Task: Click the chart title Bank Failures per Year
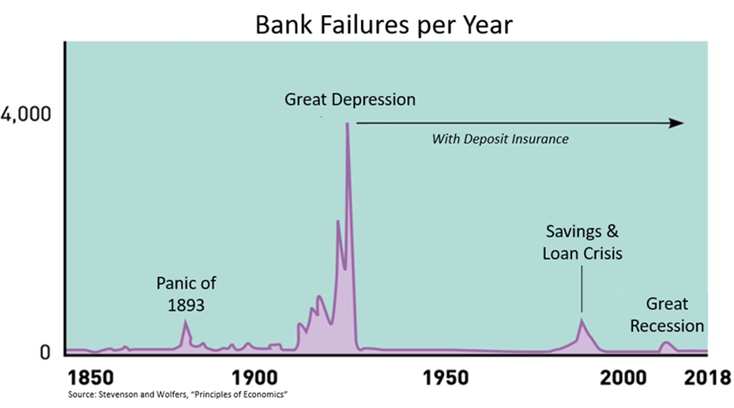[384, 25]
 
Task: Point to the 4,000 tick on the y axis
[26, 115]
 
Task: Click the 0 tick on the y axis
[45, 353]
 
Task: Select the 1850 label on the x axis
[91, 378]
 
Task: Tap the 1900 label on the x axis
[254, 378]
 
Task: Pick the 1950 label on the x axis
[446, 378]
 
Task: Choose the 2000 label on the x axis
[623, 378]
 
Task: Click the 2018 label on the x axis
[707, 378]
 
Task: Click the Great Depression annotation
[350, 100]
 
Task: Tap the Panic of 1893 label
[186, 294]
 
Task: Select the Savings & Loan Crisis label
[582, 243]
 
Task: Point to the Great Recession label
[667, 315]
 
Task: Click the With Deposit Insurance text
[500, 139]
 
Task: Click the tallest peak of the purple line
[347, 123]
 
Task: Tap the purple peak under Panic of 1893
[186, 320]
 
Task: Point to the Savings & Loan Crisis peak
[582, 319]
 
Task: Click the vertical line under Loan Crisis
[582, 289]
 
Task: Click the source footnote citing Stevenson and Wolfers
[178, 395]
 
